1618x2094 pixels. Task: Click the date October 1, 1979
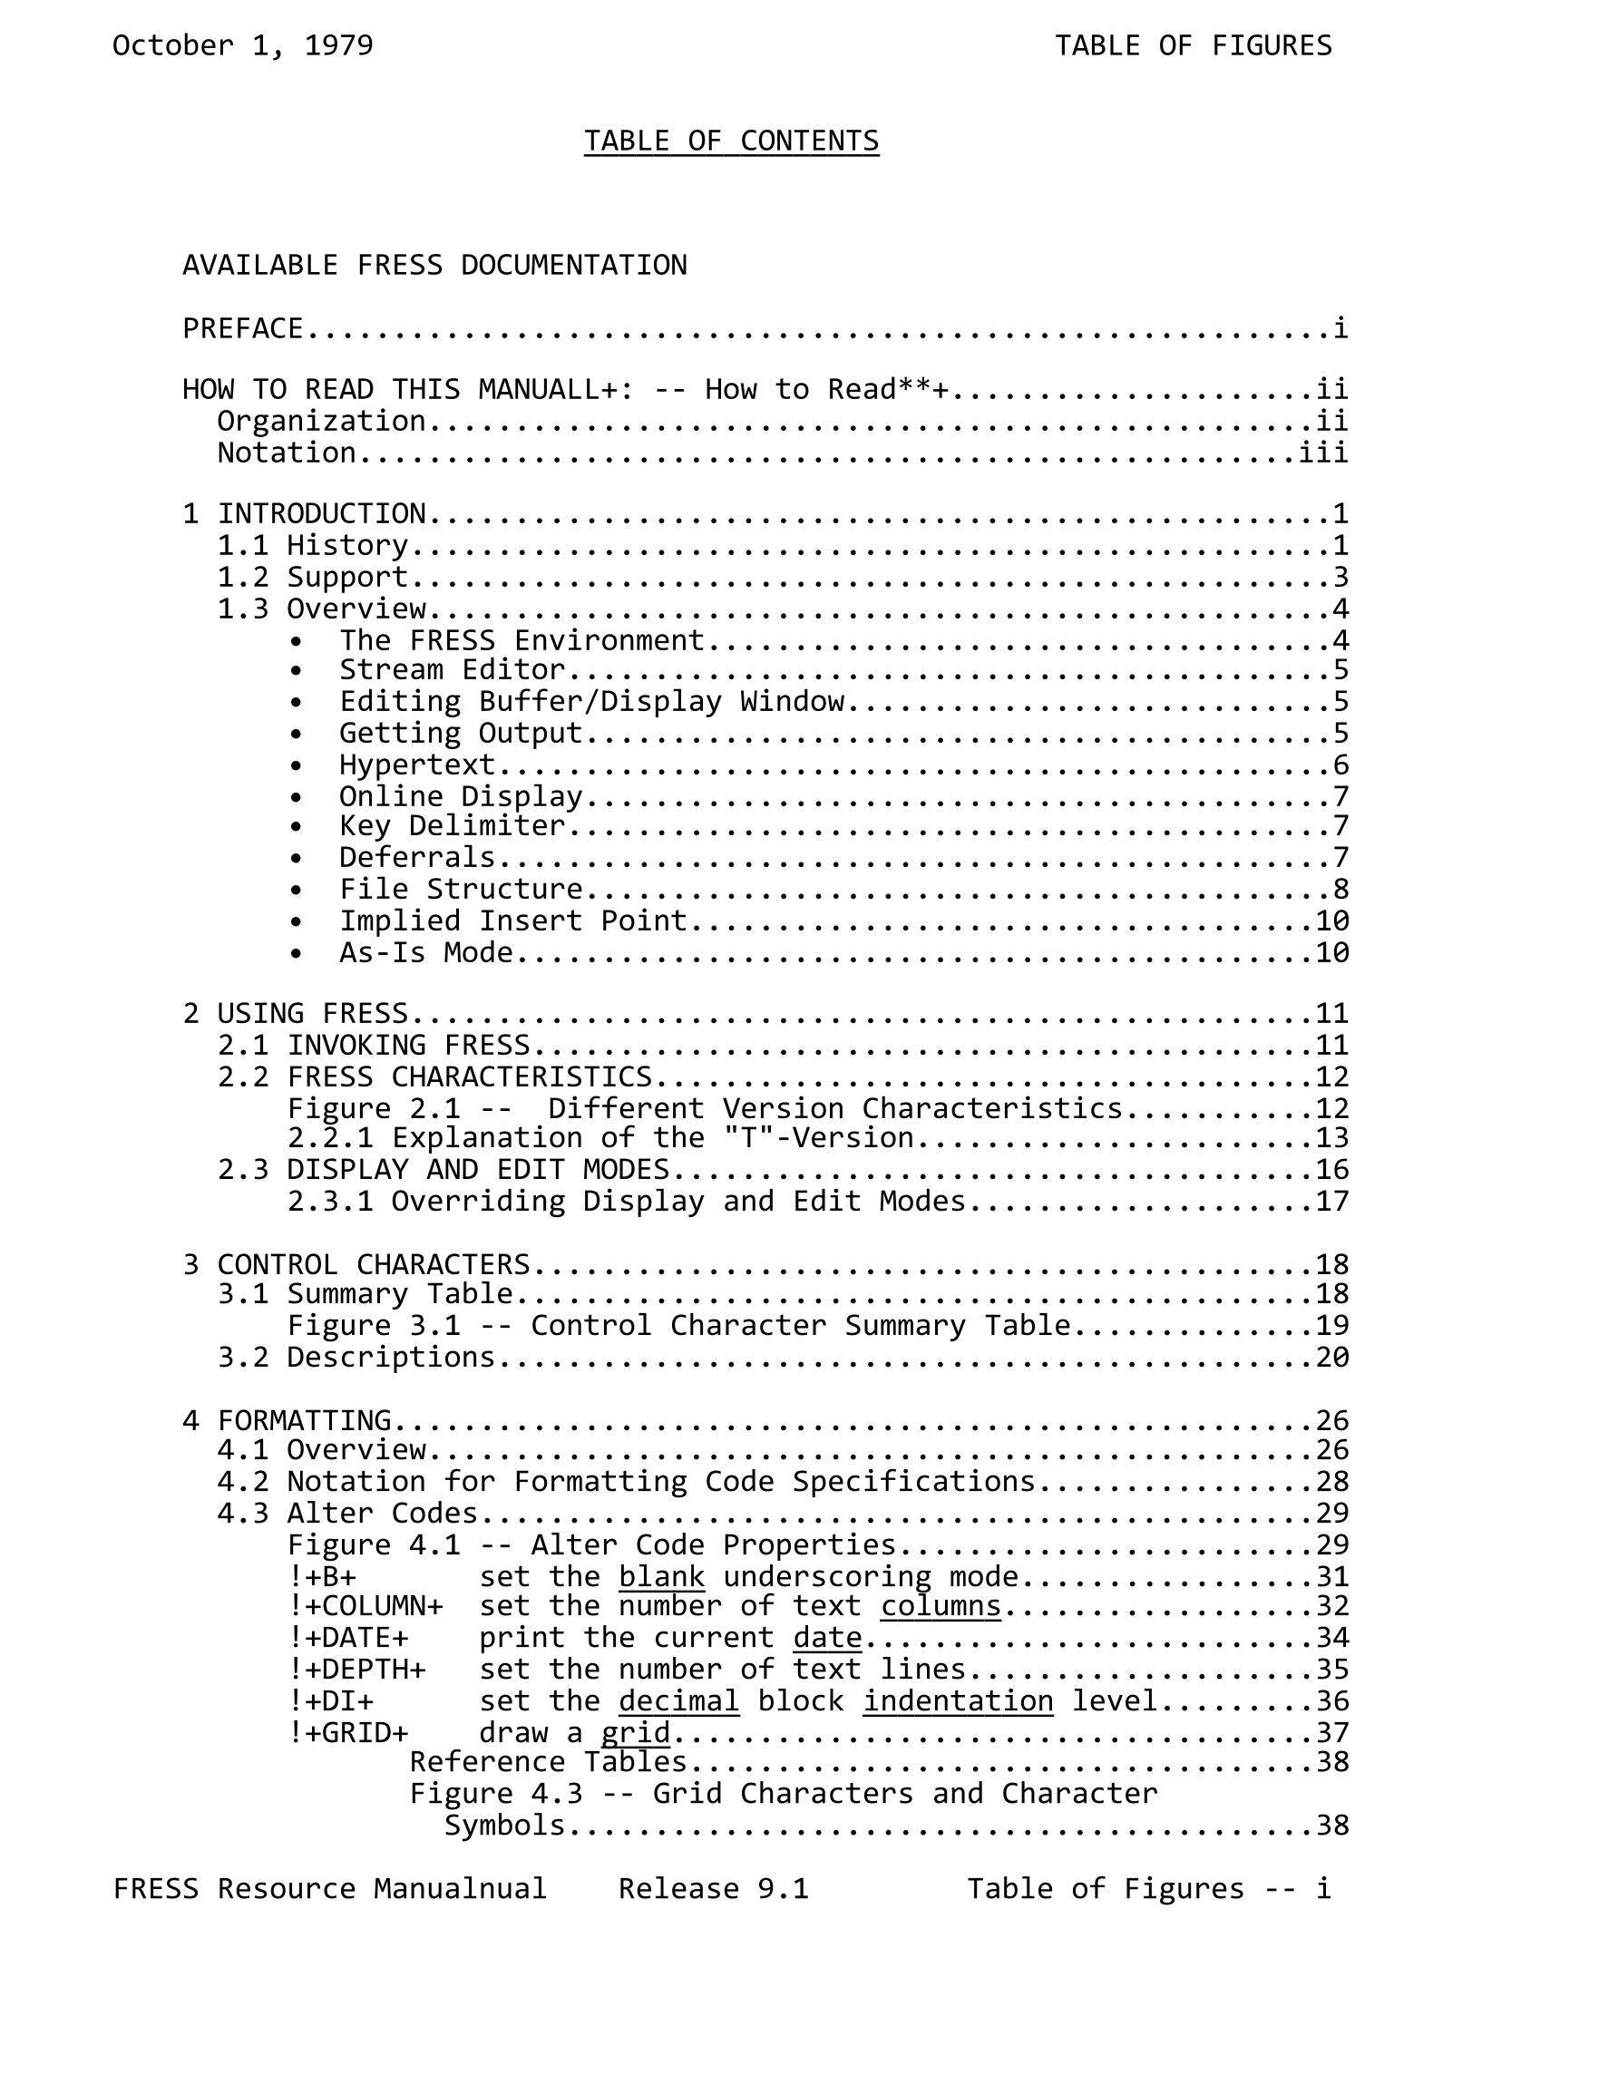pos(243,46)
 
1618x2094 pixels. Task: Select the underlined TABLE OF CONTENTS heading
pos(731,141)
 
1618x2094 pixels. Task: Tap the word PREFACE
pos(243,329)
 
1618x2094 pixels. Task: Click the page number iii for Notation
pos(1323,453)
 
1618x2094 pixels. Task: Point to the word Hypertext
pos(416,765)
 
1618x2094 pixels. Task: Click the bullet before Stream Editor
pos(297,671)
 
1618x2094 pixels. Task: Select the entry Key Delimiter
pos(452,825)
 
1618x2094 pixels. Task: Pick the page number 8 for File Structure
pos(1340,889)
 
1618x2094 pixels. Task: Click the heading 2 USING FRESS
pos(296,1013)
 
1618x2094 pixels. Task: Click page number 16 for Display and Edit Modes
pos(1332,1170)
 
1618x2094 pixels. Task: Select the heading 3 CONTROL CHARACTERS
pos(356,1263)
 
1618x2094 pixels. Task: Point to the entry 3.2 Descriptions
pos(356,1358)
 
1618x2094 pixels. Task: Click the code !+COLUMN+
pos(366,1606)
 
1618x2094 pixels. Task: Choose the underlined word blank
pos(661,1577)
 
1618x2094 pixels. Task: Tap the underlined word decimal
pos(678,1701)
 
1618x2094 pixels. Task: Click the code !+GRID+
pos(348,1732)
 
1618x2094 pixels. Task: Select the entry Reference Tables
pos(548,1762)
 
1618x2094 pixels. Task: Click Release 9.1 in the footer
pos(714,1889)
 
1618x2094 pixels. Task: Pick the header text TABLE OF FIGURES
pos(1194,46)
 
